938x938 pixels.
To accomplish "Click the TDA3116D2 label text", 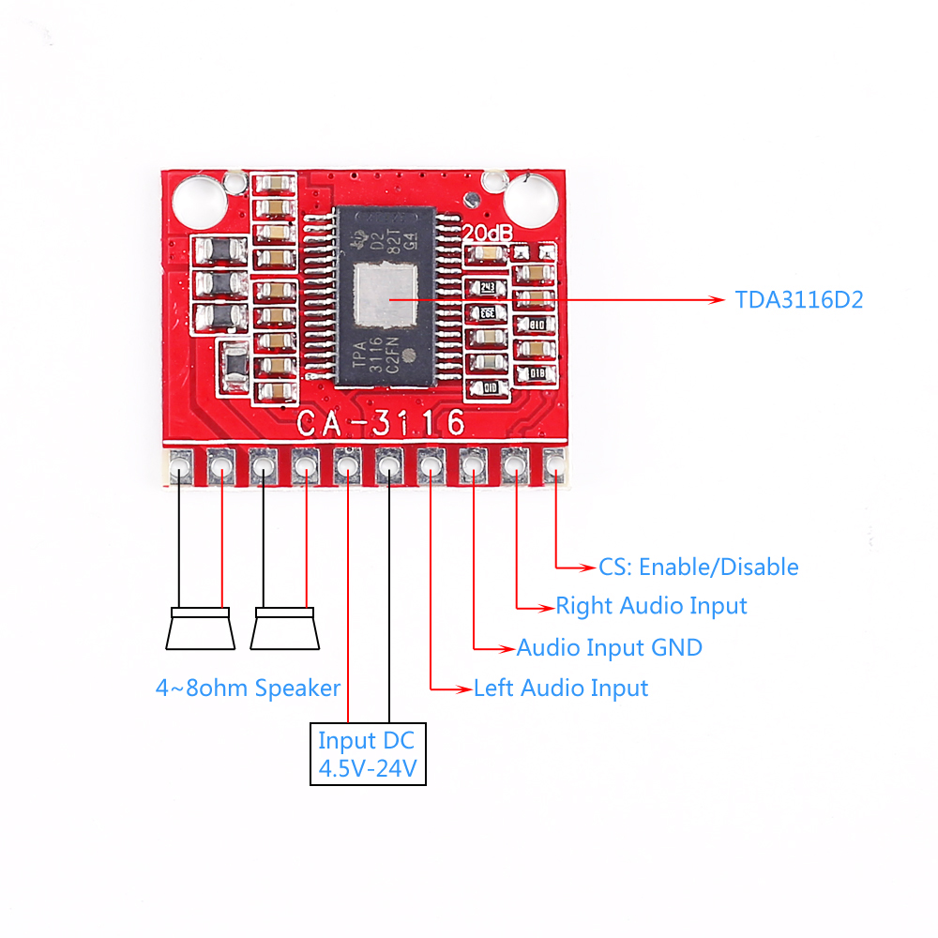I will tap(798, 300).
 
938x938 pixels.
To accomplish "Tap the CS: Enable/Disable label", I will tap(698, 567).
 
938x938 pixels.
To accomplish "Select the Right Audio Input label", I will tap(651, 606).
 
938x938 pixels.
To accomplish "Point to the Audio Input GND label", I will tap(609, 647).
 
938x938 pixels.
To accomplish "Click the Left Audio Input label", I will tap(560, 688).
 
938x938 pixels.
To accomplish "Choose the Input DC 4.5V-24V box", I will tap(368, 753).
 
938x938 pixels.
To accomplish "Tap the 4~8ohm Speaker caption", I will tap(248, 688).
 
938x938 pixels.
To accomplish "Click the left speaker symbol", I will tap(200, 628).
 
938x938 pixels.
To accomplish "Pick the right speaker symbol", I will tap(285, 628).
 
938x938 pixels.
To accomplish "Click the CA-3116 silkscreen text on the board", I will tap(381, 424).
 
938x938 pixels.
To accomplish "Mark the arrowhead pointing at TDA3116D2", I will tap(718, 300).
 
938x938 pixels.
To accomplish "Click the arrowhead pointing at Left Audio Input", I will tap(462, 688).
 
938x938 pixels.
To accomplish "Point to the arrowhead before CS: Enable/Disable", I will tap(588, 567).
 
